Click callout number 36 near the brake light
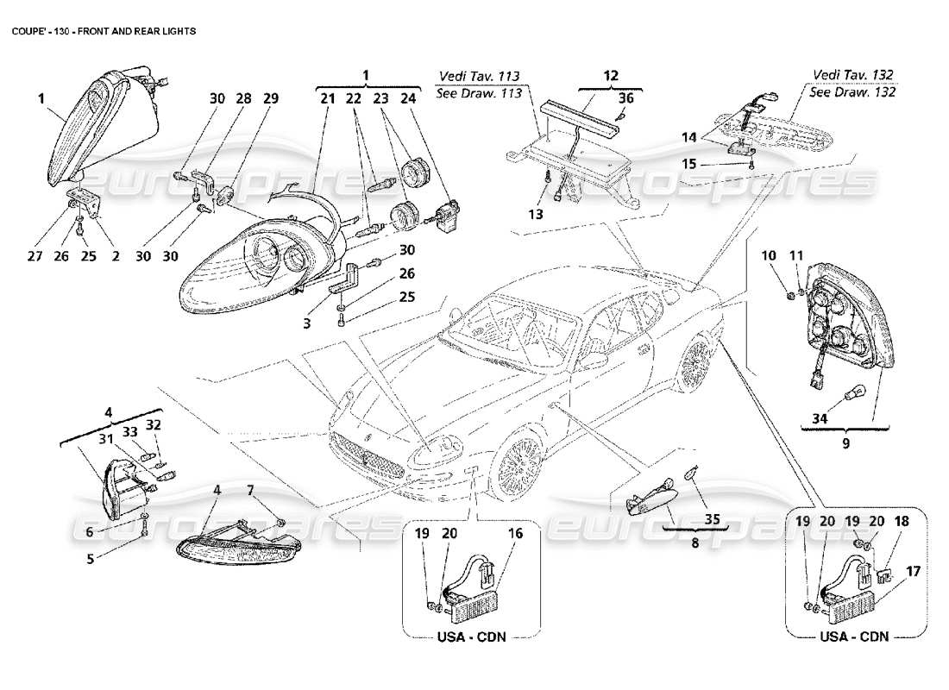[x=625, y=98]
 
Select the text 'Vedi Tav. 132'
[x=853, y=75]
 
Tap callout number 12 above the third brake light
[x=610, y=76]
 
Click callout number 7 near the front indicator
[x=250, y=491]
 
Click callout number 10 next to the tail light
[x=769, y=255]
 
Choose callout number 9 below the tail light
[x=845, y=444]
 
